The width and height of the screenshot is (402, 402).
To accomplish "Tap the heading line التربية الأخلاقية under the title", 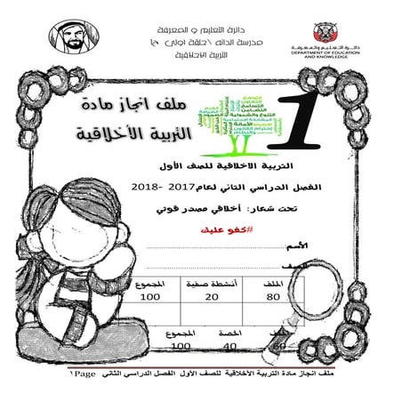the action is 124,137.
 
